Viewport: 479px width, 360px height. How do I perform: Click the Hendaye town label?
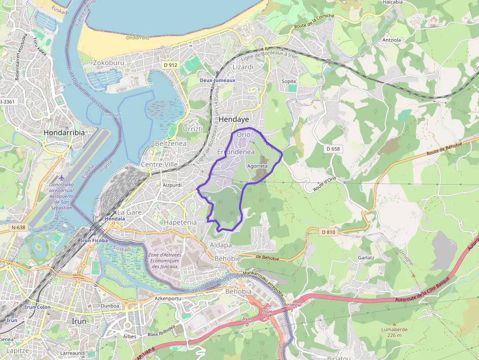234,119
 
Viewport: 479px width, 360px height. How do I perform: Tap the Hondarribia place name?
64,132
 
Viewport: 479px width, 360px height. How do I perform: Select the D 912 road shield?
170,65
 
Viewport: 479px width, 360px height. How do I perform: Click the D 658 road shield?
333,148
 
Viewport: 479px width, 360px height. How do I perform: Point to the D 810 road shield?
329,232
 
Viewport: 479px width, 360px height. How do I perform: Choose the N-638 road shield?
18,228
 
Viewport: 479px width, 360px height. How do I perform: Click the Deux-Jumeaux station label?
218,80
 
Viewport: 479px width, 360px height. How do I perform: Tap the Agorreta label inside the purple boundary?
258,166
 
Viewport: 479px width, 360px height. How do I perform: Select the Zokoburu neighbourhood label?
109,63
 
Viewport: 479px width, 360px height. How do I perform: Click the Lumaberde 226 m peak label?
394,332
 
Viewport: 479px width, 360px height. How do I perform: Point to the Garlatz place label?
366,257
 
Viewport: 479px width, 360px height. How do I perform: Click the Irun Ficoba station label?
94,241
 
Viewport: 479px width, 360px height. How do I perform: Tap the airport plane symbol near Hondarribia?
61,178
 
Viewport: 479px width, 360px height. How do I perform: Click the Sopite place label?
289,81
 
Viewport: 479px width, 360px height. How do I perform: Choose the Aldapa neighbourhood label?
220,245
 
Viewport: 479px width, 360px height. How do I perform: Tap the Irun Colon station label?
38,307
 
